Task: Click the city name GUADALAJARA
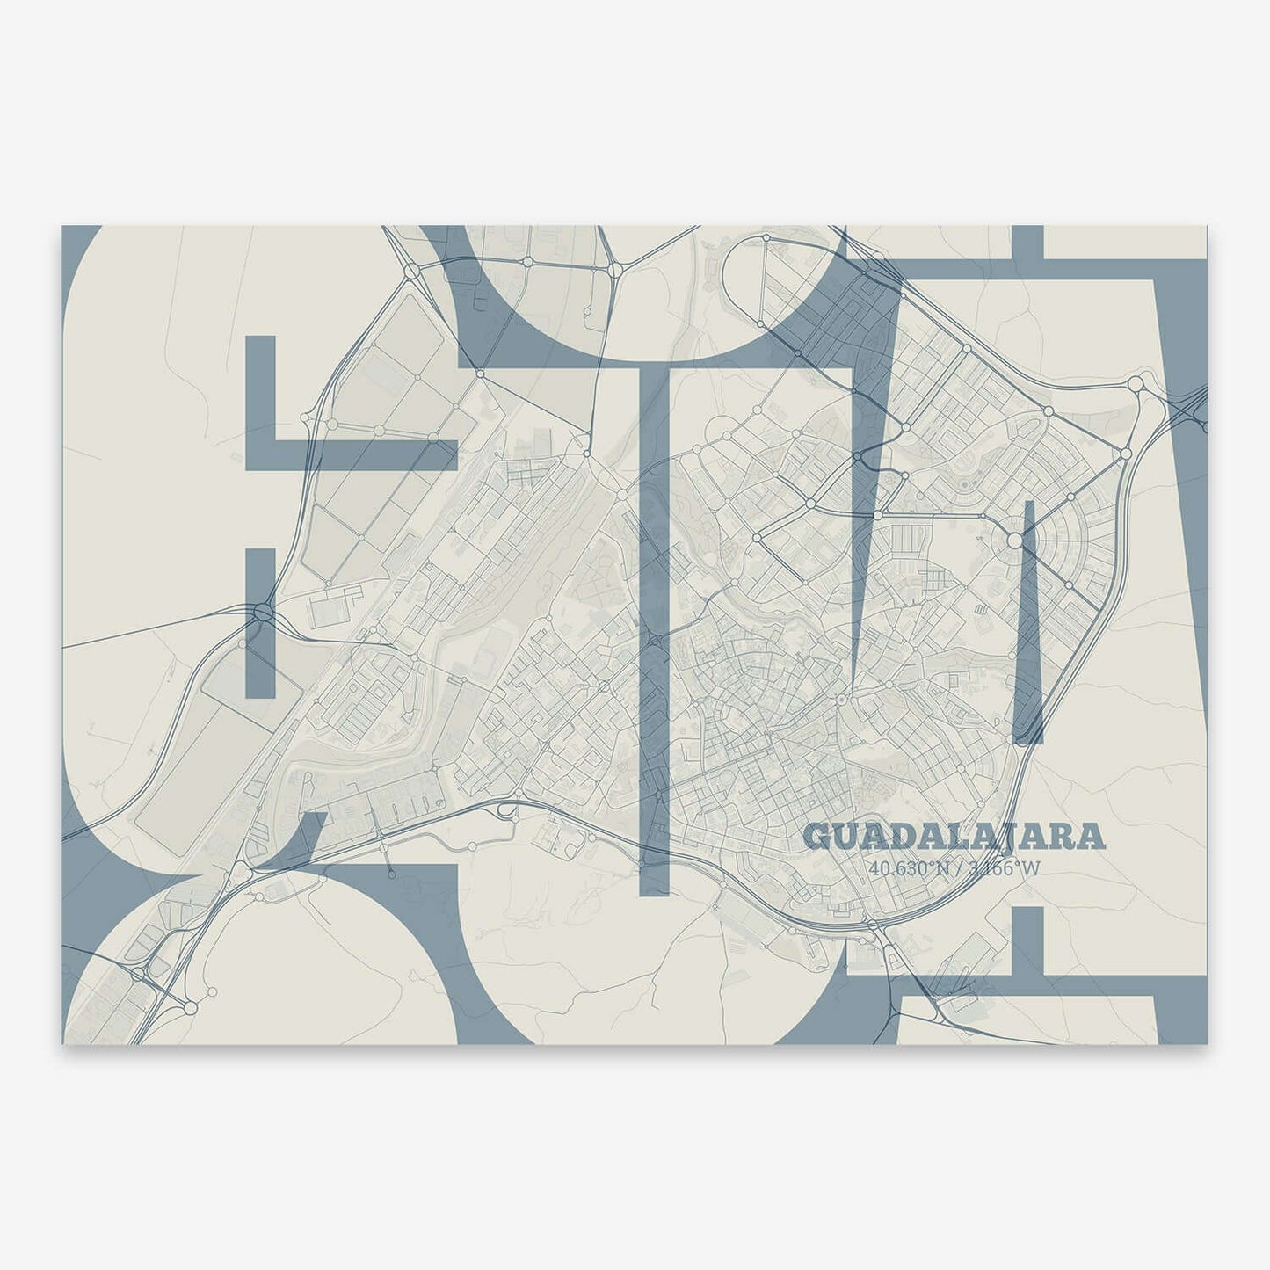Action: [x=954, y=838]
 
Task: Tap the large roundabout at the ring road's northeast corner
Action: [x=1136, y=383]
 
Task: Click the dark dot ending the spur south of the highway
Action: [x=391, y=875]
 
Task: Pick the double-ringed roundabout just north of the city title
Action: [x=841, y=700]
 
